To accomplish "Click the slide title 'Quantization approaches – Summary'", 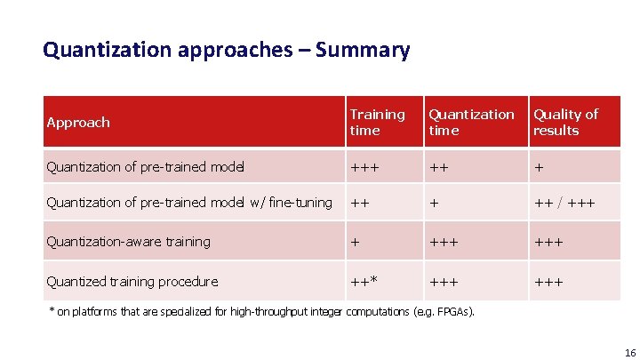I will tap(226, 50).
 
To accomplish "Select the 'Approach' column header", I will tap(78, 123).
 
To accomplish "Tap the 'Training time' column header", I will tap(377, 123).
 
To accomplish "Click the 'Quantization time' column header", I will tap(471, 123).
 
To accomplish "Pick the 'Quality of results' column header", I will tap(565, 123).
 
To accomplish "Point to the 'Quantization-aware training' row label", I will tap(128, 242).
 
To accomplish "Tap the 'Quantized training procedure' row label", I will tap(132, 282).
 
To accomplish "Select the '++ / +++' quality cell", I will tap(564, 204).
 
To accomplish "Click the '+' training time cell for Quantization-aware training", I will tap(355, 242).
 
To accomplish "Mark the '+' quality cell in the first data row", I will tap(538, 167).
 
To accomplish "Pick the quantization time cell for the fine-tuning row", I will tap(434, 204).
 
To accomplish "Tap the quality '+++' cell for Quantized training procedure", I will tap(548, 282).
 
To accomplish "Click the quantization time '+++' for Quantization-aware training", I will tap(444, 242).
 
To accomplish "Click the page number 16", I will tap(619, 352).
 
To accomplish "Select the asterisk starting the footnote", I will tap(50, 311).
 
